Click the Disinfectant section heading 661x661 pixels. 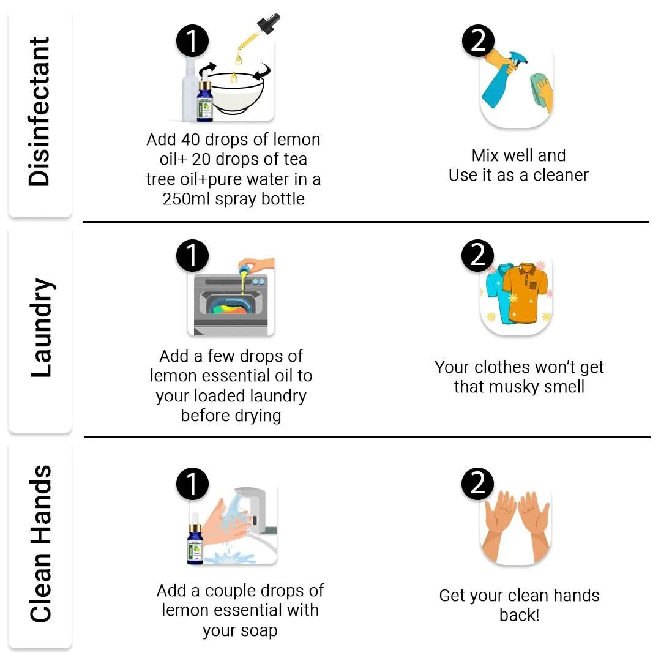[39, 112]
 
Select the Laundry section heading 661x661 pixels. [42, 327]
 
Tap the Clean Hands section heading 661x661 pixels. [40, 544]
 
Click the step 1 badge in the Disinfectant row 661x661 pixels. [192, 41]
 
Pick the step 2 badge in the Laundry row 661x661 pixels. [477, 255]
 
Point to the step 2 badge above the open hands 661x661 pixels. [477, 484]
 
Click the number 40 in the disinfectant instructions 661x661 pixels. [190, 140]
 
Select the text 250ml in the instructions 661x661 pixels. [186, 199]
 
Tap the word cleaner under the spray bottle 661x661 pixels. [561, 176]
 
